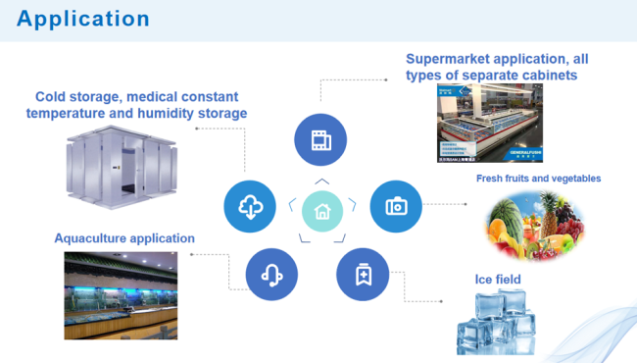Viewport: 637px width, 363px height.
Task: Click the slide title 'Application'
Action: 83,19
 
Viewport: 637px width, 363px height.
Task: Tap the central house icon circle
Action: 321,209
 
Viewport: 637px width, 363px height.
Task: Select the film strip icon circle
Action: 320,139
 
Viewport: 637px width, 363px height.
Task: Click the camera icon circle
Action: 395,206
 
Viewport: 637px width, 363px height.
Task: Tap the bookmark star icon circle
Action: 362,274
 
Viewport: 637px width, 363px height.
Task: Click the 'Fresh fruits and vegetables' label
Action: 538,179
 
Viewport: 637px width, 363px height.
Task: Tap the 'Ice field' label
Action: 498,280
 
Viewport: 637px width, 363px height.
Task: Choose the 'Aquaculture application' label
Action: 124,238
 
